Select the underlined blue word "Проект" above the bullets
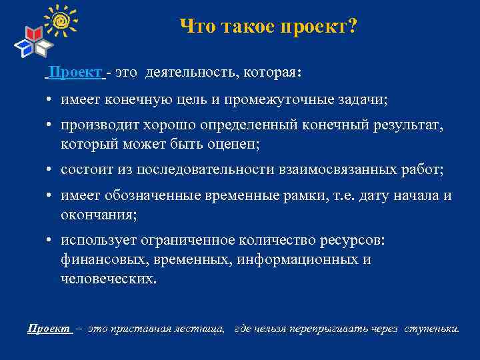(75, 72)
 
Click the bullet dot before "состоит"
(50, 171)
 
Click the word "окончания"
(99, 214)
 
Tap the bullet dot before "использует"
(50, 241)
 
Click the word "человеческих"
(109, 277)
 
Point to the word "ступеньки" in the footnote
(432, 329)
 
